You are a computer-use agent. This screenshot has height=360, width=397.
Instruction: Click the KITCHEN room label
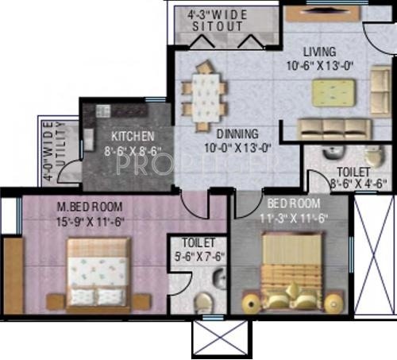click(133, 136)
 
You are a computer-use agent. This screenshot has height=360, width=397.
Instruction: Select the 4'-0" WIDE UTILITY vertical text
click(52, 151)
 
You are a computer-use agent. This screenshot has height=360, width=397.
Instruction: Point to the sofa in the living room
click(333, 128)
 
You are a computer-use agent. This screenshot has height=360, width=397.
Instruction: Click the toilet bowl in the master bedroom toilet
click(204, 302)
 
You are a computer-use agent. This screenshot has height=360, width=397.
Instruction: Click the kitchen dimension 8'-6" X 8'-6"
click(133, 149)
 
